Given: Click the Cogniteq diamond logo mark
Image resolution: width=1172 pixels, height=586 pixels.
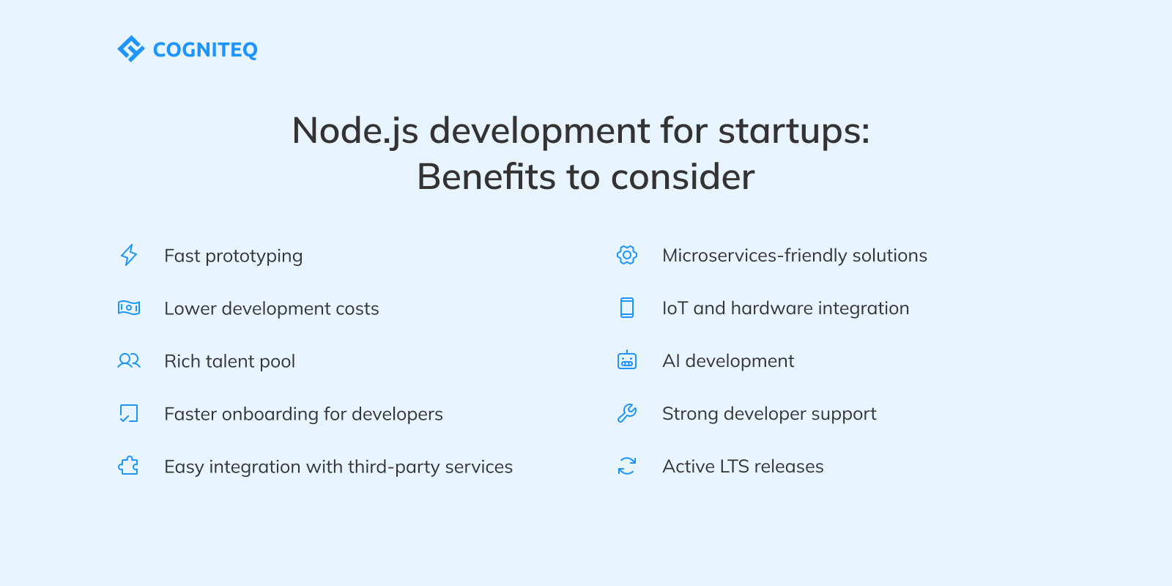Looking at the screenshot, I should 131,49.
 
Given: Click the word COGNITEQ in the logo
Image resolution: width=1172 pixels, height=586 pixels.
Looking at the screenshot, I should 205,50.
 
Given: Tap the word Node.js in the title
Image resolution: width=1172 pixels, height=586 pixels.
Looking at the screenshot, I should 355,131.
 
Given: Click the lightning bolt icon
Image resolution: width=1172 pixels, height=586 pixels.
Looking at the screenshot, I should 129,255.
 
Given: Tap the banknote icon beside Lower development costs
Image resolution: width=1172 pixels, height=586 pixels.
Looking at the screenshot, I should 129,308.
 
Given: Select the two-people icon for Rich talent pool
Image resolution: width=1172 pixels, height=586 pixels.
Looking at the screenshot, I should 129,360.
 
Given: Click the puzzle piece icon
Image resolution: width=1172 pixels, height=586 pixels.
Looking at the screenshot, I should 129,466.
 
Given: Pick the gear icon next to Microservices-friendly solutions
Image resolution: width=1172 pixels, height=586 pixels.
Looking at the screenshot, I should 627,255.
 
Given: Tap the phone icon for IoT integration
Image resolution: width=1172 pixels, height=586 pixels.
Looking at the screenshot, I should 627,308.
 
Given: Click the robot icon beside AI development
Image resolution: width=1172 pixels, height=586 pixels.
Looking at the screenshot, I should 627,360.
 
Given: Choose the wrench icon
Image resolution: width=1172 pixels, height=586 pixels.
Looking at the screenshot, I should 627,413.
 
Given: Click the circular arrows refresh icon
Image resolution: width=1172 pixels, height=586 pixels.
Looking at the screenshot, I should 627,466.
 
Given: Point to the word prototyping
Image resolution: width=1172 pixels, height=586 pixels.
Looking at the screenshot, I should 253,256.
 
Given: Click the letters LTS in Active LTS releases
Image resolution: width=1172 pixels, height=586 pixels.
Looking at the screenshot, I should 734,467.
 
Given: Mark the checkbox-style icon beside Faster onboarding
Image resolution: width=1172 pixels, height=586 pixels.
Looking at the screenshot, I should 129,413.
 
